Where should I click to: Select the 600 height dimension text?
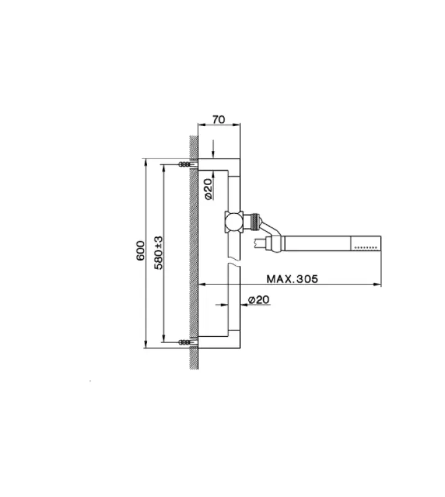coord(141,250)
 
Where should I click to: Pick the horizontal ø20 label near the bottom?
coord(258,300)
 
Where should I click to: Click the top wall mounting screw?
coord(185,165)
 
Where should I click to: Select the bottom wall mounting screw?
coord(185,342)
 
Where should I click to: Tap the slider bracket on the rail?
coord(233,221)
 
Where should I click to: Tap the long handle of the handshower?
coord(317,243)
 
